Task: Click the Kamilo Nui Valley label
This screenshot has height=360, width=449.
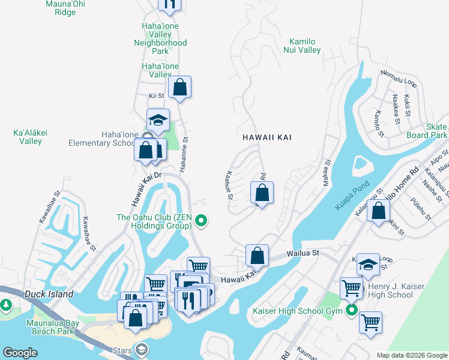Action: (301, 46)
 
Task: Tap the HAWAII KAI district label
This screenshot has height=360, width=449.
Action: (267, 137)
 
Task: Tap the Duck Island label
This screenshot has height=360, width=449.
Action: (49, 294)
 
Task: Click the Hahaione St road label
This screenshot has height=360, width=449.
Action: (184, 154)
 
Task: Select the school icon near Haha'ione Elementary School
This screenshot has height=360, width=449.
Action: (158, 120)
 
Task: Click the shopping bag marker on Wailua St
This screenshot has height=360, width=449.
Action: (257, 255)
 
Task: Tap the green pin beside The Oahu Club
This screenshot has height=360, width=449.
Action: (202, 221)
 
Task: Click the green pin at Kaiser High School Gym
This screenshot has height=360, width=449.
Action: (351, 311)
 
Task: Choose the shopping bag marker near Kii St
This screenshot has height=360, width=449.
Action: (179, 88)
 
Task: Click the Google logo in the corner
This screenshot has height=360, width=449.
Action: (20, 353)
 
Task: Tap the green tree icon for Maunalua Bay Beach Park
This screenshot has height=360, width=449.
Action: (6, 305)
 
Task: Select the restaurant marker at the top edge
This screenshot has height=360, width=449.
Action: (169, 3)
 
